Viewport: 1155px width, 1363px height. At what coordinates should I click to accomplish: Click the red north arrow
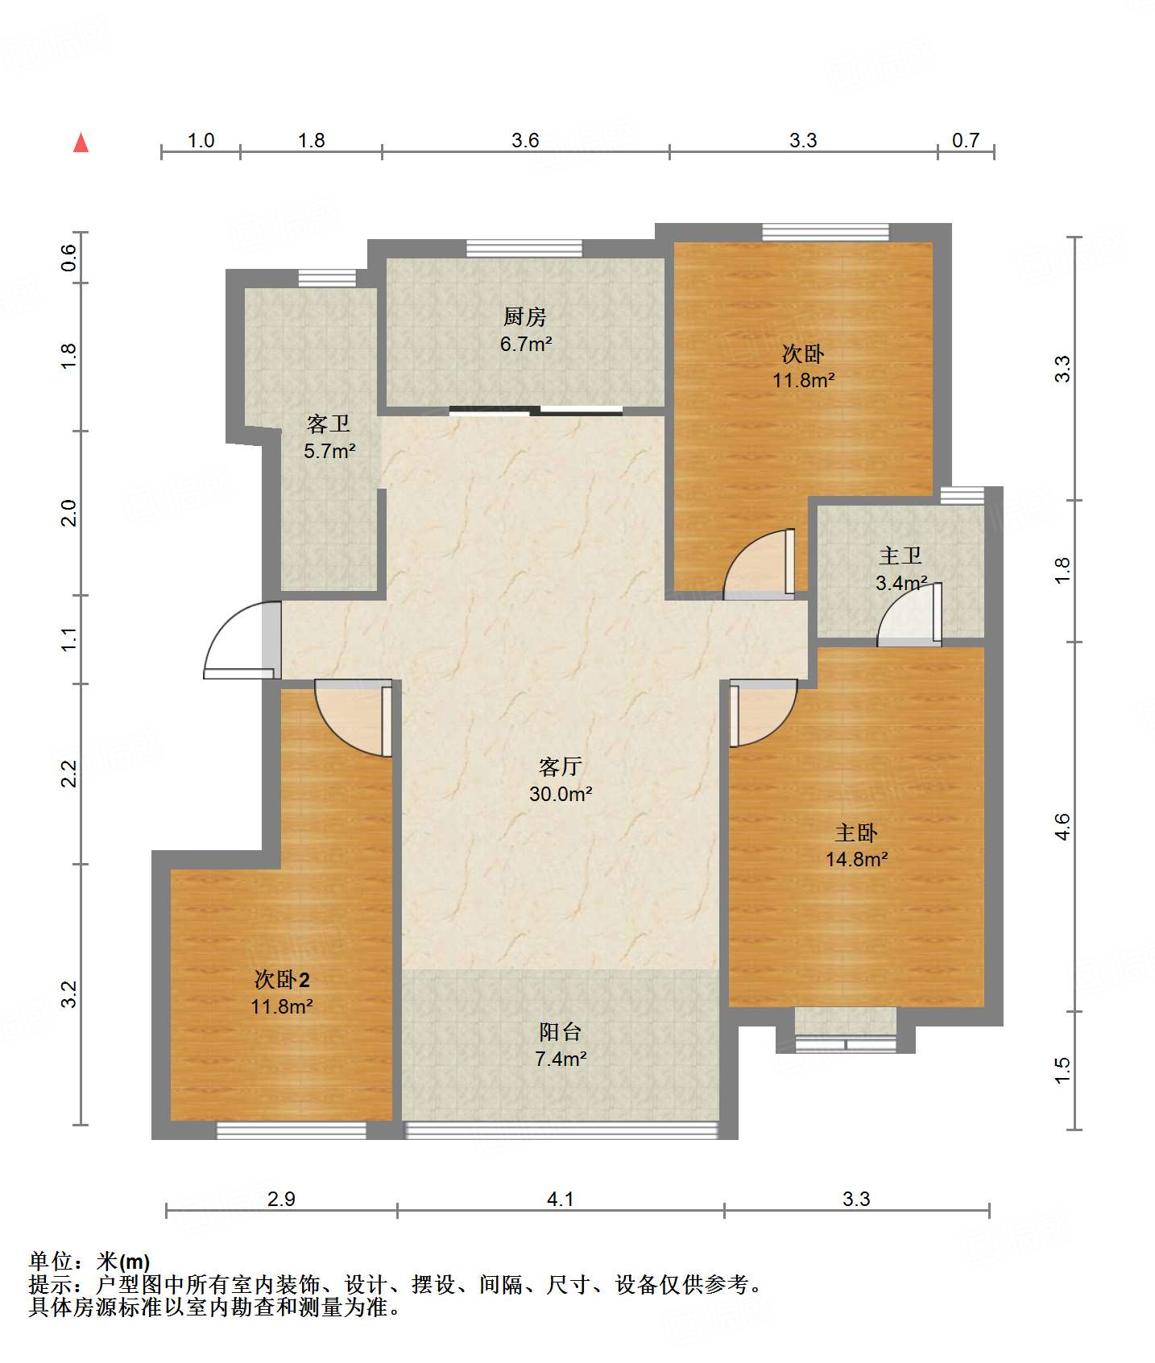[81, 142]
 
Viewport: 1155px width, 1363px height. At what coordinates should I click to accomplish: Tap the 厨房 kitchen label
[525, 316]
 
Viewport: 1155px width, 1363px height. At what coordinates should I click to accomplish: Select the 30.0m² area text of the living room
[561, 794]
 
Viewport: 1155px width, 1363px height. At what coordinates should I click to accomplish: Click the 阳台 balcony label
[561, 1031]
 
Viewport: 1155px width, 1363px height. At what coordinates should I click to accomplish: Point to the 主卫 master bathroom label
[900, 556]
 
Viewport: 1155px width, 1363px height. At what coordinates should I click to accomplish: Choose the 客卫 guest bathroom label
[329, 423]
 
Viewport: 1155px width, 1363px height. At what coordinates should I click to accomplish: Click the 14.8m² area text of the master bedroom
[856, 859]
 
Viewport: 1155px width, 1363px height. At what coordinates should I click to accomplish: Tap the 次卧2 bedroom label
[282, 980]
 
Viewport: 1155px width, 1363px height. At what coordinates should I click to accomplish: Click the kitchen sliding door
[536, 411]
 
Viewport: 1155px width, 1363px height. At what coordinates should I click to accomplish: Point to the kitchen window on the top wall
[524, 248]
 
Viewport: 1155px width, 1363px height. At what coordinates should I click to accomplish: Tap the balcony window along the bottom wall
[561, 1130]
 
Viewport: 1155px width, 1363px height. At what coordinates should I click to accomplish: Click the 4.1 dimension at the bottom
[561, 1200]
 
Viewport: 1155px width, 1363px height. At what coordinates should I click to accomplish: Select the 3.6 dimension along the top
[525, 141]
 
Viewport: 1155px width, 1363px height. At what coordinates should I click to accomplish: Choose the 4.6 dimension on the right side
[1063, 827]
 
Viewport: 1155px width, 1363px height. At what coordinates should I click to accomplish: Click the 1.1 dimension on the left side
[69, 639]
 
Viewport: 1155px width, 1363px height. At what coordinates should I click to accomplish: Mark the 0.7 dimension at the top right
[966, 141]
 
